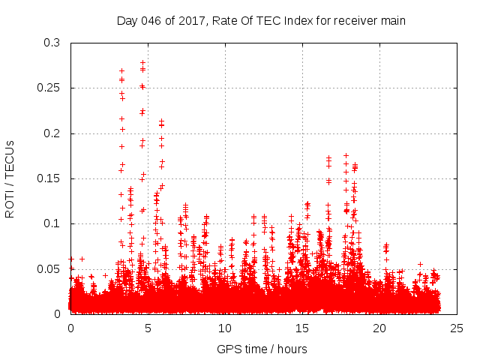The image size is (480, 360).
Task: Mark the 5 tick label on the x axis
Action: click(x=148, y=328)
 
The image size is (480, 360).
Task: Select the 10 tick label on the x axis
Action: click(x=225, y=328)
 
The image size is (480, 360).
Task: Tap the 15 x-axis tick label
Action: click(x=302, y=328)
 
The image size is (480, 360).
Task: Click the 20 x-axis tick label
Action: click(x=379, y=328)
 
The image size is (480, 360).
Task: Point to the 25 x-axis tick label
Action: click(x=457, y=328)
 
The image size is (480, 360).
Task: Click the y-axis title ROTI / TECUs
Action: click(x=10, y=178)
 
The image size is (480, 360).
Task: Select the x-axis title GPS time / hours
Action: click(x=262, y=349)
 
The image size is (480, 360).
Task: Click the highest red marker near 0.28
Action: click(x=142, y=63)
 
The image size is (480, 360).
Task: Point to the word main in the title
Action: click(x=392, y=21)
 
